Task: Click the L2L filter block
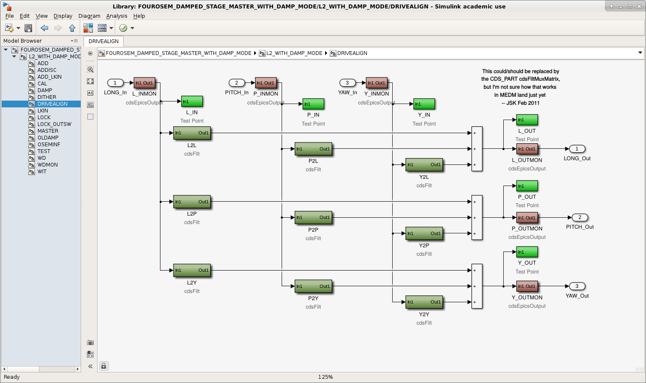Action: (x=192, y=133)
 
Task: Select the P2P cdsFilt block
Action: (x=313, y=217)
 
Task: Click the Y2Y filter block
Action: (x=424, y=302)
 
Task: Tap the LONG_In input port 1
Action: (x=115, y=83)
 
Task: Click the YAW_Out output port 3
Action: (x=577, y=286)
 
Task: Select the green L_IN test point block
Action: (x=192, y=101)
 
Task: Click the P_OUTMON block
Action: (x=527, y=217)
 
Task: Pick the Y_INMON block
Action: (x=376, y=83)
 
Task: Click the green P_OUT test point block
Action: (x=527, y=186)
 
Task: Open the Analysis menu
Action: (x=117, y=16)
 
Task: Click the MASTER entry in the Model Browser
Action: (x=48, y=131)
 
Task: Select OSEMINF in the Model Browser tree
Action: (x=49, y=145)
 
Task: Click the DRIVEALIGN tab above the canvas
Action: (x=103, y=41)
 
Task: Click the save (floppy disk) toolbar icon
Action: (x=28, y=28)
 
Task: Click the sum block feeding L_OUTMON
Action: (x=477, y=149)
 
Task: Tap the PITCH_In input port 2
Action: (x=236, y=83)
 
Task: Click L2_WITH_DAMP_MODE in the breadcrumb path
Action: (x=294, y=53)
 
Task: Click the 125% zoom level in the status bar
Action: (x=325, y=377)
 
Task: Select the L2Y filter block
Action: (x=192, y=271)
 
